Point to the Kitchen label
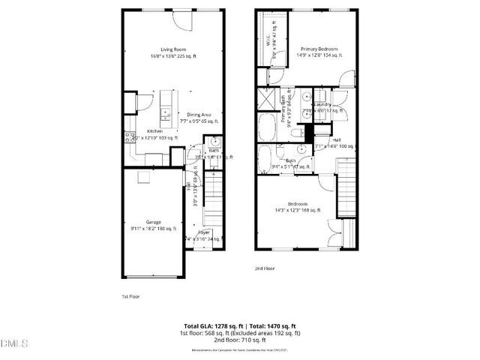155,131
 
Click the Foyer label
203,232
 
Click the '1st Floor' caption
130,295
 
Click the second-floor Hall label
337,139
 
